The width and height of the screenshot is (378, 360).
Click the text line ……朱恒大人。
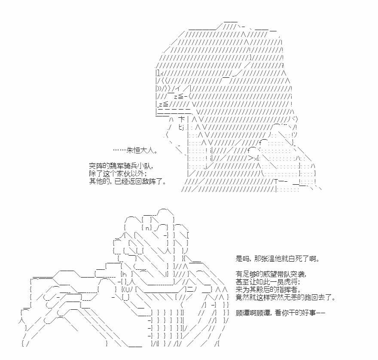pos(136,150)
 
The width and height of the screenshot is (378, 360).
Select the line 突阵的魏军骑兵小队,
pos(121,166)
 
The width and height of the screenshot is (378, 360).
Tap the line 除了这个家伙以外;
pos(118,174)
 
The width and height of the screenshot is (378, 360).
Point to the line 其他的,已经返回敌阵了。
pos(128,181)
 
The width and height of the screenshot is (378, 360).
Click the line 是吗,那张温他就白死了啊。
pos(278,259)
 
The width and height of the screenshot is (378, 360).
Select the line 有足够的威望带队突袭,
pos(271,274)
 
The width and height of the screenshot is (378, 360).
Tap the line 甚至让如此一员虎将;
pos(268,282)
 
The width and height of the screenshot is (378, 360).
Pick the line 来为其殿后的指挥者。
pos(268,290)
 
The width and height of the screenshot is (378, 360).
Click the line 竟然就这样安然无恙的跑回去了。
pos(286,297)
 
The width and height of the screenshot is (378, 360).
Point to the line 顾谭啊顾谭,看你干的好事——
pos(280,313)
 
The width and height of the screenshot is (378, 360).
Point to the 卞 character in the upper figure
pos(182,119)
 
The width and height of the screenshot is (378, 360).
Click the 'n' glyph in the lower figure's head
pos(148,228)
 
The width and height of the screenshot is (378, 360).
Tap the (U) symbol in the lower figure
pos(127,289)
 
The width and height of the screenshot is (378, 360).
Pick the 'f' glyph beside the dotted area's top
pos(260,143)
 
